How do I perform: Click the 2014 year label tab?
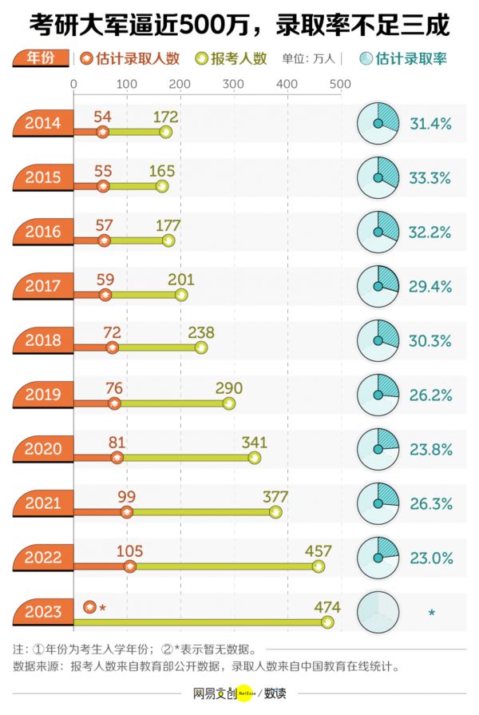point(42,123)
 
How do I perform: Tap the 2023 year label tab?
point(42,612)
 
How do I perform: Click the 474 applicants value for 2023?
point(327,605)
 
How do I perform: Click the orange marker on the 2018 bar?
point(112,348)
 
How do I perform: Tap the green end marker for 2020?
point(254,457)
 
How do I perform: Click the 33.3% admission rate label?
point(430,178)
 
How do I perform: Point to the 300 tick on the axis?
point(233,84)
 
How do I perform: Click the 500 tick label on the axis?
point(340,84)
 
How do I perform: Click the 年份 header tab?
point(39,58)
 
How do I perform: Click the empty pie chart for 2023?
point(378,612)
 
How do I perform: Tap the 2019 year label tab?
point(42,395)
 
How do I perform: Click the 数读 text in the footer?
point(275,693)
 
